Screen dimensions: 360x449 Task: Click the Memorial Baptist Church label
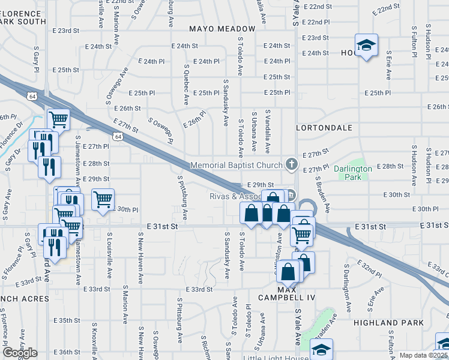[x=236, y=165]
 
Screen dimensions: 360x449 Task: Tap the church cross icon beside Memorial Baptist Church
[x=291, y=164]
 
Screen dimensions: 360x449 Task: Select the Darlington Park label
[x=353, y=173]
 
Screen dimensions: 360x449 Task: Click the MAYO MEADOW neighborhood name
[x=222, y=29]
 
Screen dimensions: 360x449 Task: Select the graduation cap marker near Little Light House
[x=321, y=349]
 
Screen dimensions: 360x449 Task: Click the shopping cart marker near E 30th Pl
[x=103, y=199]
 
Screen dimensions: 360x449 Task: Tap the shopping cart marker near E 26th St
[x=58, y=119]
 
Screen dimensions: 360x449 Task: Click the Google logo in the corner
[x=19, y=353]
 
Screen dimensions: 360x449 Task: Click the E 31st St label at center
[x=163, y=227]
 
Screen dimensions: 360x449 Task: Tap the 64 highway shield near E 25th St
[x=32, y=96]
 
